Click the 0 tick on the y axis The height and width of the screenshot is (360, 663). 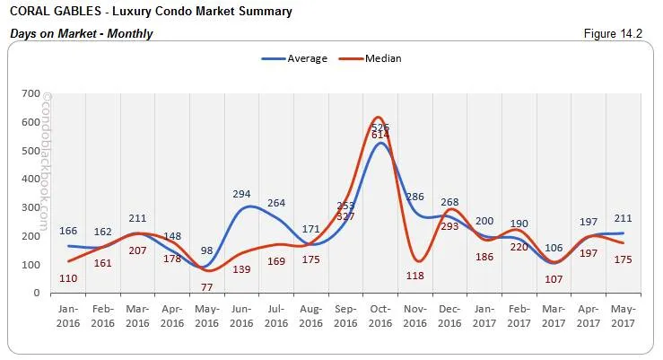click(x=36, y=294)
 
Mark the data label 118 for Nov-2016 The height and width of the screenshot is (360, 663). click(x=414, y=276)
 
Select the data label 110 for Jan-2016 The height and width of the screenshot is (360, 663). click(x=68, y=279)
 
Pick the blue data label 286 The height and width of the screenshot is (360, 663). click(x=414, y=196)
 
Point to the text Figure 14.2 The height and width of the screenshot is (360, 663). click(x=614, y=34)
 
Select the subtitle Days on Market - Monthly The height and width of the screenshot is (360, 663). click(x=81, y=34)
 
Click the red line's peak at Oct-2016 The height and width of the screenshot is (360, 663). click(x=379, y=118)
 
